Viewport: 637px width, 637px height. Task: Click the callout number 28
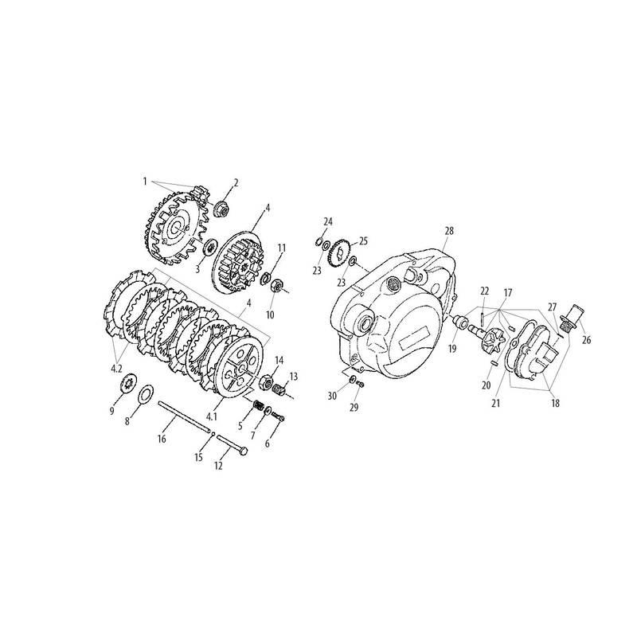(449, 231)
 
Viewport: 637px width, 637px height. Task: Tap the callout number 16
(162, 439)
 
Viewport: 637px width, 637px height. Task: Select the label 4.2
(116, 369)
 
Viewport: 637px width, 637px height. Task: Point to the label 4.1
(212, 416)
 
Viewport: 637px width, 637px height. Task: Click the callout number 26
(586, 340)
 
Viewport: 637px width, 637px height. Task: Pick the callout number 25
(363, 241)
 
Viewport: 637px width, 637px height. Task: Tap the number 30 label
(332, 395)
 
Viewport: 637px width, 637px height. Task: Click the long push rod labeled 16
(186, 417)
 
